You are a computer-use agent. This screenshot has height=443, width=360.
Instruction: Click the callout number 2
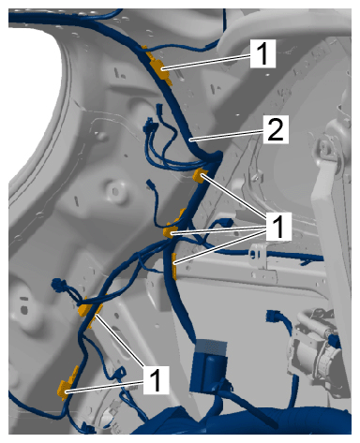coord(276,129)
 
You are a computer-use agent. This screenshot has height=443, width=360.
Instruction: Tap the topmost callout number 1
coord(262,53)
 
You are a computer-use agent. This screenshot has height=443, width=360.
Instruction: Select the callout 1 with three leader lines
coord(278,227)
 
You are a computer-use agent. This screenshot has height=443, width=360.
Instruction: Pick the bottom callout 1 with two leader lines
coord(156,380)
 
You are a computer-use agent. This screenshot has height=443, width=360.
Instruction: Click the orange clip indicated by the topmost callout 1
coord(160,69)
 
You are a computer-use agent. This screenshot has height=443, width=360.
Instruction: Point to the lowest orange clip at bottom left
coord(67,384)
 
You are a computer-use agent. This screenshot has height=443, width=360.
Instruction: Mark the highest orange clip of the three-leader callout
coord(199,175)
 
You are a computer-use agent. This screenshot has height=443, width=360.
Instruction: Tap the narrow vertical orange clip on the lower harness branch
coord(174,266)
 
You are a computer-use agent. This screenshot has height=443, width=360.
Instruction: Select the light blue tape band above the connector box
coord(211,347)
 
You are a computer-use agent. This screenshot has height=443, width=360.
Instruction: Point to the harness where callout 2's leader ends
coord(190,140)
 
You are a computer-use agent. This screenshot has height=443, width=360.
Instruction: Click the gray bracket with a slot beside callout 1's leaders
coord(258,256)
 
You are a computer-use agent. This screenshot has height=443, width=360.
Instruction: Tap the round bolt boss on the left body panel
coord(114,191)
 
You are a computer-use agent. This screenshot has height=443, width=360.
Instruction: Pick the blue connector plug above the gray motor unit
coord(272,316)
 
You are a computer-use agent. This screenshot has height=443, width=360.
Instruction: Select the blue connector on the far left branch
coord(58,285)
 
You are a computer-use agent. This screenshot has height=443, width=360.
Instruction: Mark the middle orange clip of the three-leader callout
coord(169,231)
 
